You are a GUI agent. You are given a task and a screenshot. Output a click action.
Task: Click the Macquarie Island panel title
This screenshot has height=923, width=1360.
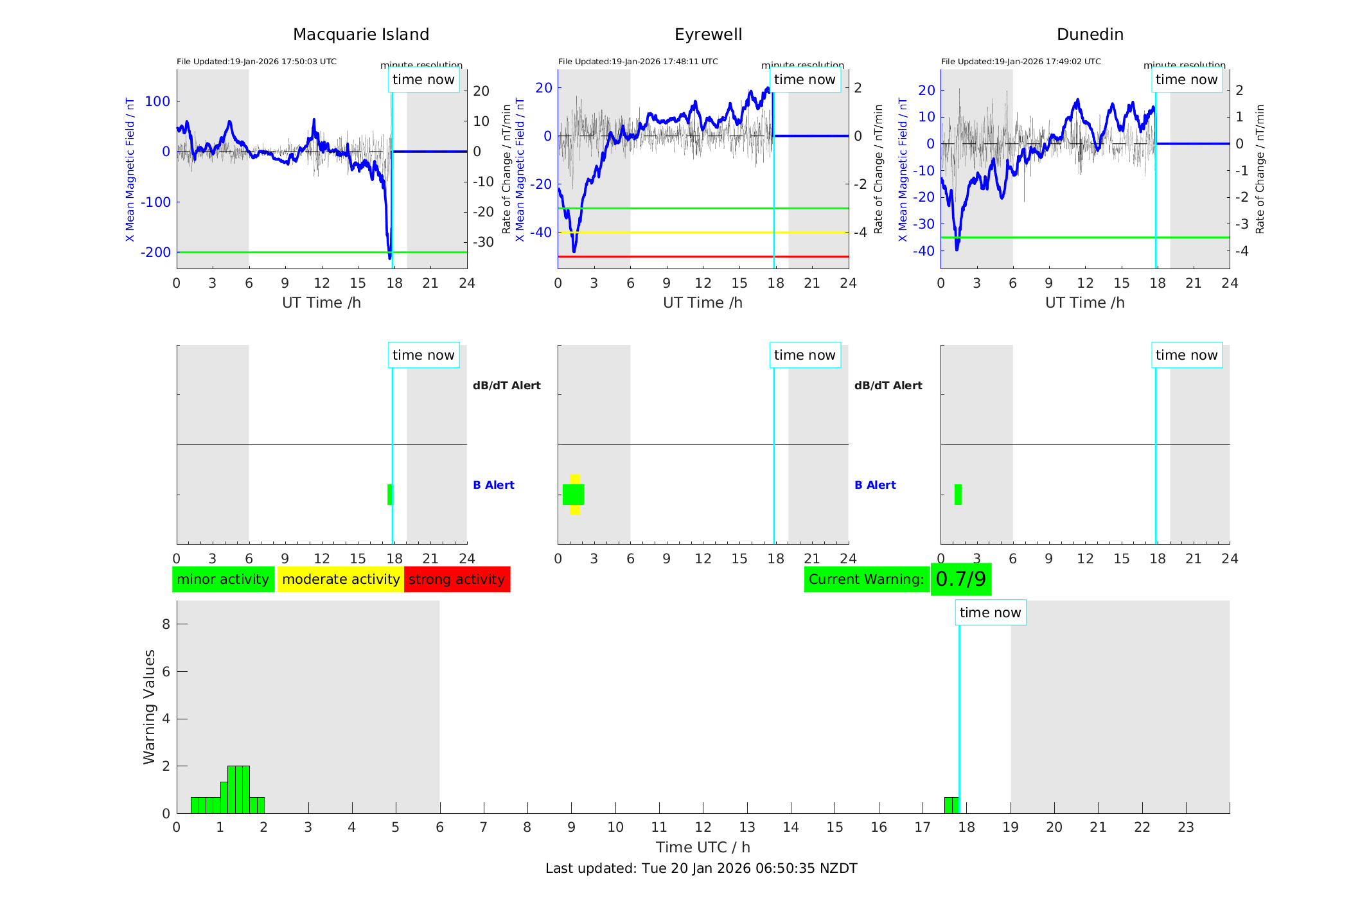pos(360,35)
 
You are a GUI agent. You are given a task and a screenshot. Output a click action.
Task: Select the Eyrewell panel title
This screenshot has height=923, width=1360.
pos(708,35)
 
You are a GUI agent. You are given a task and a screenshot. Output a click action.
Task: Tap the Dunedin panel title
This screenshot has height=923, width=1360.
pos(1090,35)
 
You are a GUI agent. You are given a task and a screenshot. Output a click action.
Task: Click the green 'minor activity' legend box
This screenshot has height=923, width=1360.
pos(223,579)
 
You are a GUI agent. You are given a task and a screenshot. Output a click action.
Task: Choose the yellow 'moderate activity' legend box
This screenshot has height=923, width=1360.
pos(340,579)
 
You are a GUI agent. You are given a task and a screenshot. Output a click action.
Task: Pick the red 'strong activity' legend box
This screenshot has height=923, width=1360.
pos(457,579)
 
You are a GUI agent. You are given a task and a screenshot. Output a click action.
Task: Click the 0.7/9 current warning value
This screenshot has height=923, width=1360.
pos(960,579)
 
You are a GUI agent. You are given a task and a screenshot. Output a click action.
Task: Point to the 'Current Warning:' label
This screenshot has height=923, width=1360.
pos(866,579)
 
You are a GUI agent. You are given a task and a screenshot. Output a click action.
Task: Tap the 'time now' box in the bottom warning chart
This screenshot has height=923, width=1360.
pos(990,613)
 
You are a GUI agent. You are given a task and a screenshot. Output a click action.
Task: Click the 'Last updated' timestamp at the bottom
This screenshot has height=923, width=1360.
pos(701,868)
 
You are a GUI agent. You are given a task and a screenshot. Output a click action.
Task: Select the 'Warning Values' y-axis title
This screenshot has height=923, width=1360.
pos(150,707)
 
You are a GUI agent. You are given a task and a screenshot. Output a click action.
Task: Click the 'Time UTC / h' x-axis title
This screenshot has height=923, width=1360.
pos(703,847)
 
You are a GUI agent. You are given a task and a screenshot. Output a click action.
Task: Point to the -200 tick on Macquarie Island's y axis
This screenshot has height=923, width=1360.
pos(155,252)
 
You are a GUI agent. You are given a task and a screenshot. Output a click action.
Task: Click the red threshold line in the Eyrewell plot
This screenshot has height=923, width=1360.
pos(703,256)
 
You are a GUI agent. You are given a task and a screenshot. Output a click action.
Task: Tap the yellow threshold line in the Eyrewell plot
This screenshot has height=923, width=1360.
pos(703,233)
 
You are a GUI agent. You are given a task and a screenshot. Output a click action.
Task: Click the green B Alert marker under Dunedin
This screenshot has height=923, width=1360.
pos(958,495)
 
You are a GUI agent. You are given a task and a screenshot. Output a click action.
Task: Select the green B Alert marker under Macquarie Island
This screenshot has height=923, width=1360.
pos(389,495)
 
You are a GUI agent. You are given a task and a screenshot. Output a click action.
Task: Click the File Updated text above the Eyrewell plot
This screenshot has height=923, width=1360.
pos(638,62)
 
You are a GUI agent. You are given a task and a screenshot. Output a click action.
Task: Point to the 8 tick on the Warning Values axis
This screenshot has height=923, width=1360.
pos(166,624)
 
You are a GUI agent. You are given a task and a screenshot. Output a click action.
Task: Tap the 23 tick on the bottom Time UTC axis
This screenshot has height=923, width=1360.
pos(1185,827)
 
